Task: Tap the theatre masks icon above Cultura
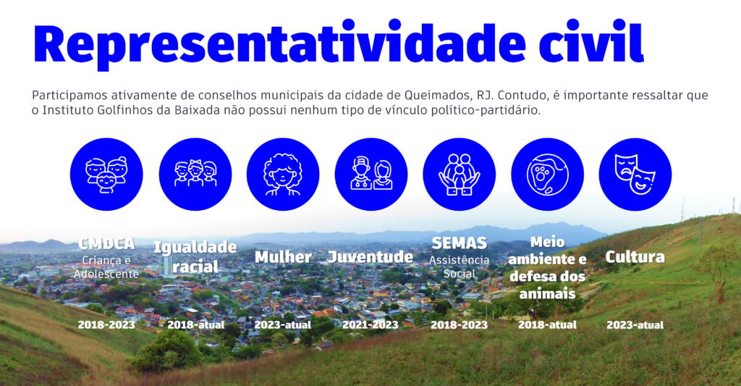tap(635, 174)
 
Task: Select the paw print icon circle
tap(547, 174)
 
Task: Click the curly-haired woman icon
tap(283, 174)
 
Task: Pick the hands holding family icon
tap(459, 174)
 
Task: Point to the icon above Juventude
tap(371, 174)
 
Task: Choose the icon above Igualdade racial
tap(195, 174)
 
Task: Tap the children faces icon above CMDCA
tap(106, 174)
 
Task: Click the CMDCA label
tap(106, 243)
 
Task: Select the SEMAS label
tap(460, 243)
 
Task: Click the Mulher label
tap(283, 257)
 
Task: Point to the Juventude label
tap(370, 257)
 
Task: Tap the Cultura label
tap(635, 257)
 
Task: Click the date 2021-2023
tap(370, 325)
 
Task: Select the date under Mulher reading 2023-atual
tap(283, 325)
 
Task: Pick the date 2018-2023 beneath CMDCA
tap(106, 325)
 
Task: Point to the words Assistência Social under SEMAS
tap(460, 267)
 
